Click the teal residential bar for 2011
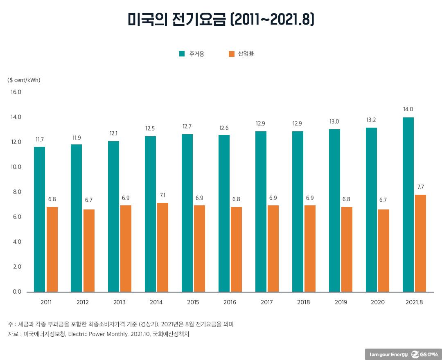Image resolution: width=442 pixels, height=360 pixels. coord(39,219)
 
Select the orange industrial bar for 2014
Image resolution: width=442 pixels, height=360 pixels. coord(162,247)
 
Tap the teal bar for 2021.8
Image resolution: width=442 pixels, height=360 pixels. coord(408,205)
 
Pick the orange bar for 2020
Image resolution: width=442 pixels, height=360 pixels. coord(383,250)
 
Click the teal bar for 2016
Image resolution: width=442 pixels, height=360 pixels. coord(224,213)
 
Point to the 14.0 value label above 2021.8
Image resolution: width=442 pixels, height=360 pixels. coord(408,109)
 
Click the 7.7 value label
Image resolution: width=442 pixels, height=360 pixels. coord(420,187)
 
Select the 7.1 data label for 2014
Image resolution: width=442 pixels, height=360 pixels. coord(162,195)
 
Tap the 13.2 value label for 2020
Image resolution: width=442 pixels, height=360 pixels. coord(371,119)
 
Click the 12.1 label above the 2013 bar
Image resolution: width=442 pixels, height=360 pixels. coord(113,133)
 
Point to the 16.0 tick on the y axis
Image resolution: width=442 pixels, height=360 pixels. coord(16,92)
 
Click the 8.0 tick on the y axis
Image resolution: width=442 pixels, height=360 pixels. coord(16,192)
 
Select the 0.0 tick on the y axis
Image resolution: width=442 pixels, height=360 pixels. coord(16,292)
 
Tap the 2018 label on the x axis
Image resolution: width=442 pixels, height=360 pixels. coord(304,302)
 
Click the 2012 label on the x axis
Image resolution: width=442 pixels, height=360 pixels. coord(83,302)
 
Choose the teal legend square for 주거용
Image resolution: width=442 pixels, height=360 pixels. coord(182,54)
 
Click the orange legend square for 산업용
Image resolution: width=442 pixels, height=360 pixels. coord(231,54)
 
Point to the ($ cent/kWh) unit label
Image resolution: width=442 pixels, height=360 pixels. coord(24,80)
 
